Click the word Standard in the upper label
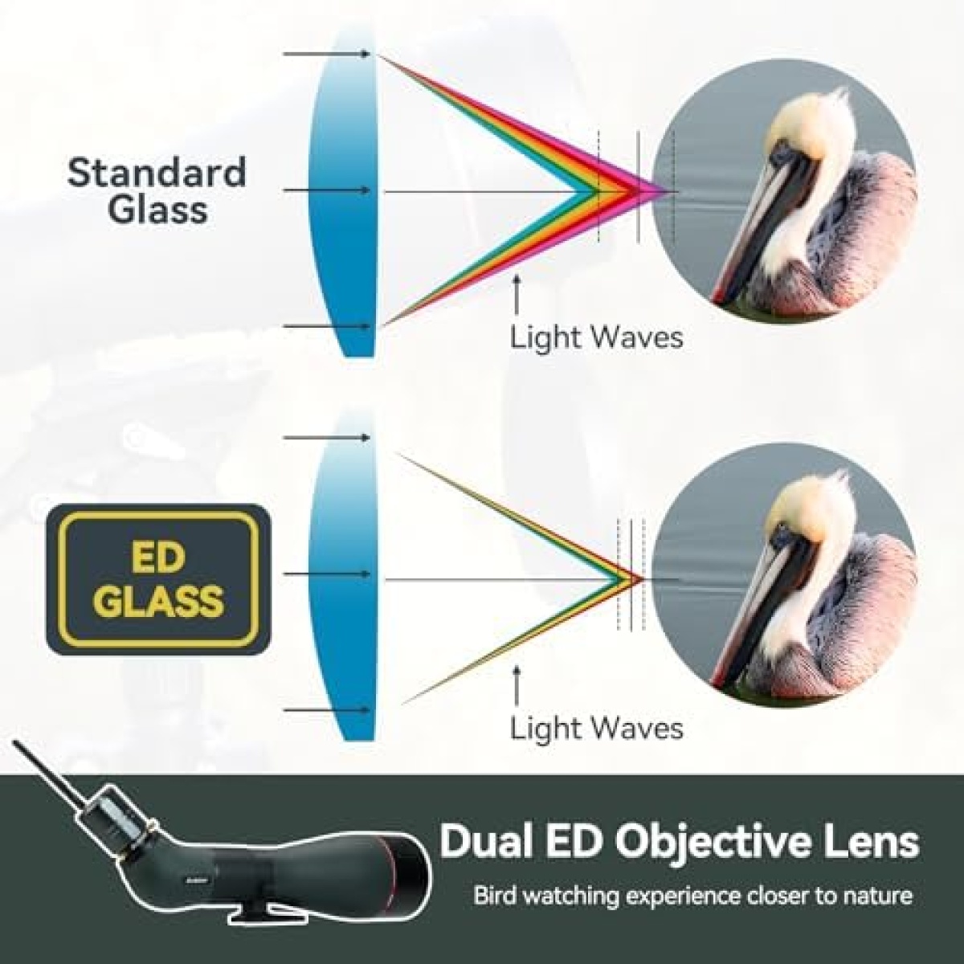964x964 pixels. pyautogui.click(x=157, y=172)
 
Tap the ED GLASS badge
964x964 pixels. pyautogui.click(x=158, y=578)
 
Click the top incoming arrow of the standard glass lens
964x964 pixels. pyautogui.click(x=327, y=54)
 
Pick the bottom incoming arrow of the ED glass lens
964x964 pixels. pyautogui.click(x=327, y=709)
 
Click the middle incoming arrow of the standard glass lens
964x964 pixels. pyautogui.click(x=327, y=190)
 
